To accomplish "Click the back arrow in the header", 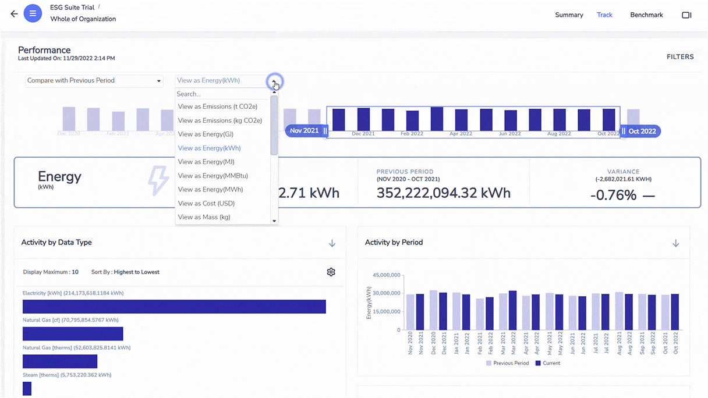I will (x=14, y=14).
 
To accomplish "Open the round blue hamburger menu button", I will (x=33, y=13).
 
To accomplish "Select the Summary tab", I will (x=569, y=15).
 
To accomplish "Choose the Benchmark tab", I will (x=646, y=15).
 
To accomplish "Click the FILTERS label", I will (x=680, y=57).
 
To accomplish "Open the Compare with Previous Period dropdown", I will (x=94, y=81).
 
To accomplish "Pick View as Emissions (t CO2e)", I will (x=217, y=106).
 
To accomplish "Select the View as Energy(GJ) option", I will (x=206, y=134).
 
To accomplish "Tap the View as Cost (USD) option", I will (x=206, y=204).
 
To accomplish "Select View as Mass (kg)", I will (x=204, y=218).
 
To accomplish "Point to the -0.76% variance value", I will (x=614, y=195).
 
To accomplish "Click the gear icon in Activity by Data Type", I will (x=331, y=272).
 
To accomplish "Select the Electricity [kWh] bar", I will (x=174, y=307).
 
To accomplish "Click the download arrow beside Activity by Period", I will (x=675, y=243).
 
